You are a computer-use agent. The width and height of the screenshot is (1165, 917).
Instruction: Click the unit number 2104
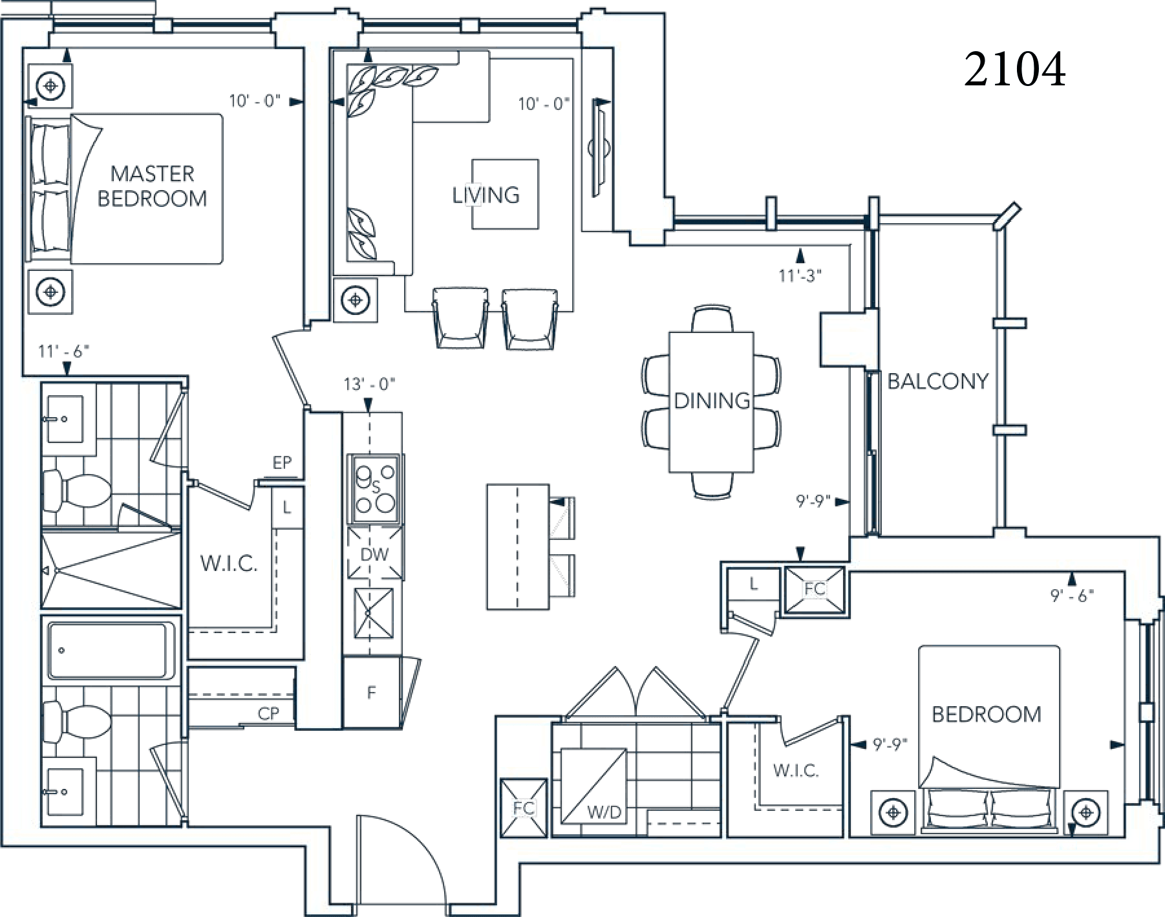(x=1014, y=70)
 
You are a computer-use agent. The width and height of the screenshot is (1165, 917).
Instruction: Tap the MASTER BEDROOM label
(x=153, y=186)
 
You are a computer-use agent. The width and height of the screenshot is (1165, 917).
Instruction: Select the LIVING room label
(x=486, y=195)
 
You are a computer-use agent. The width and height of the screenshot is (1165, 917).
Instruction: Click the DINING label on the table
(x=711, y=401)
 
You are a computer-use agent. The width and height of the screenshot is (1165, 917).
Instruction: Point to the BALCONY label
(x=937, y=381)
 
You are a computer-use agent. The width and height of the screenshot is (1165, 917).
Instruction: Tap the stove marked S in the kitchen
(x=376, y=488)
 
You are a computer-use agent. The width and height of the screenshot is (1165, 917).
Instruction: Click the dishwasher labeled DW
(x=375, y=554)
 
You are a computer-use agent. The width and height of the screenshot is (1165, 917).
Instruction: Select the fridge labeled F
(x=372, y=693)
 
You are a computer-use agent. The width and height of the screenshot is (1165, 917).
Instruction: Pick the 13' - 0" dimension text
(x=369, y=384)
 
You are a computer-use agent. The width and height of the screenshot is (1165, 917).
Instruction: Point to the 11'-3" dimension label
(x=800, y=276)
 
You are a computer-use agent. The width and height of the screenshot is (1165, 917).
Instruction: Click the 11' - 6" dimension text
(x=63, y=351)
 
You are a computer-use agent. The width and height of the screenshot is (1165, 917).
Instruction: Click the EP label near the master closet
(x=282, y=462)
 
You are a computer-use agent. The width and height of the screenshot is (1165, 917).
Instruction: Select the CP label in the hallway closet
(x=268, y=713)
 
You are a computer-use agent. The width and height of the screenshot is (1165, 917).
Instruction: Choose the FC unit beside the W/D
(x=524, y=808)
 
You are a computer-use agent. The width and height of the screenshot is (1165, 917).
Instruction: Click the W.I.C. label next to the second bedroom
(x=795, y=770)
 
